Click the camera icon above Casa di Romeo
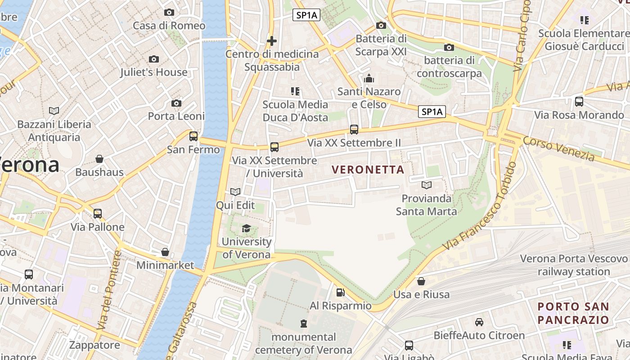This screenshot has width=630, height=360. click(169, 12)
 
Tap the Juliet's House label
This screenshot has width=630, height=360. click(154, 72)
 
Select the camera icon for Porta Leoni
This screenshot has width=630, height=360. click(176, 103)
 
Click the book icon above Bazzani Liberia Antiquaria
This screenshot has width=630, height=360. click(54, 111)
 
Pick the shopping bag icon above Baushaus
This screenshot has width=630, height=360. click(99, 159)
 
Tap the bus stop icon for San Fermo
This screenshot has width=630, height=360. click(193, 136)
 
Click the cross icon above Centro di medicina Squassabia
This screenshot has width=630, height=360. click(272, 41)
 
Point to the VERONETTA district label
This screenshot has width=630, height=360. click(368, 170)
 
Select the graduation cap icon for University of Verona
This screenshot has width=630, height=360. click(246, 228)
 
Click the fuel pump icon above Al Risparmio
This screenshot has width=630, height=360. click(341, 292)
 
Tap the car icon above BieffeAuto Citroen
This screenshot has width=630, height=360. click(479, 322)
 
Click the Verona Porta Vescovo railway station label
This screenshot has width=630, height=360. click(574, 265)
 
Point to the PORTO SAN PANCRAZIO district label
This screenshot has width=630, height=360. click(574, 313)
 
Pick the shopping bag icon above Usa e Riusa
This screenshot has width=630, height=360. click(421, 281)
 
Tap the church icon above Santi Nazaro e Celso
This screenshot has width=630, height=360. click(369, 79)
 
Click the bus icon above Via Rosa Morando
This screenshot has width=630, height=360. click(579, 102)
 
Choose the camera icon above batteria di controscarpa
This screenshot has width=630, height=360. click(449, 47)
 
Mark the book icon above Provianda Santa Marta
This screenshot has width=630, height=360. click(426, 185)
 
